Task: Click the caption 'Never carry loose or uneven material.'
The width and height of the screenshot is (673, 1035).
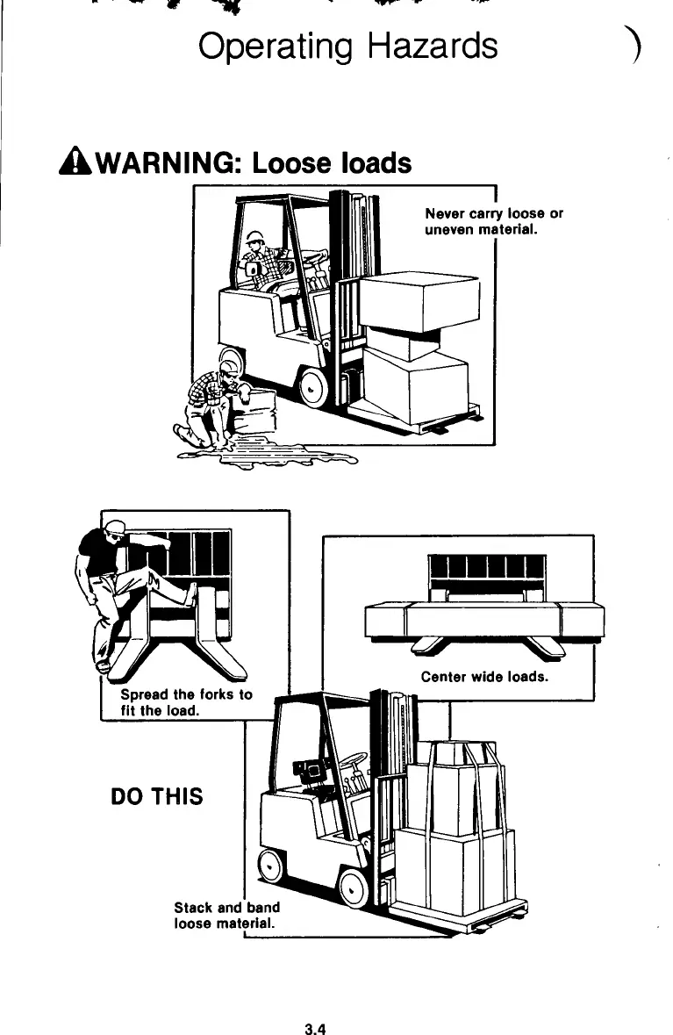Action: point(493,221)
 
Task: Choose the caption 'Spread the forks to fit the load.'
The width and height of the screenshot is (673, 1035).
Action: point(185,702)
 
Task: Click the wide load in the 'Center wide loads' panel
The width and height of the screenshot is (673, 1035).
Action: point(484,621)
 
